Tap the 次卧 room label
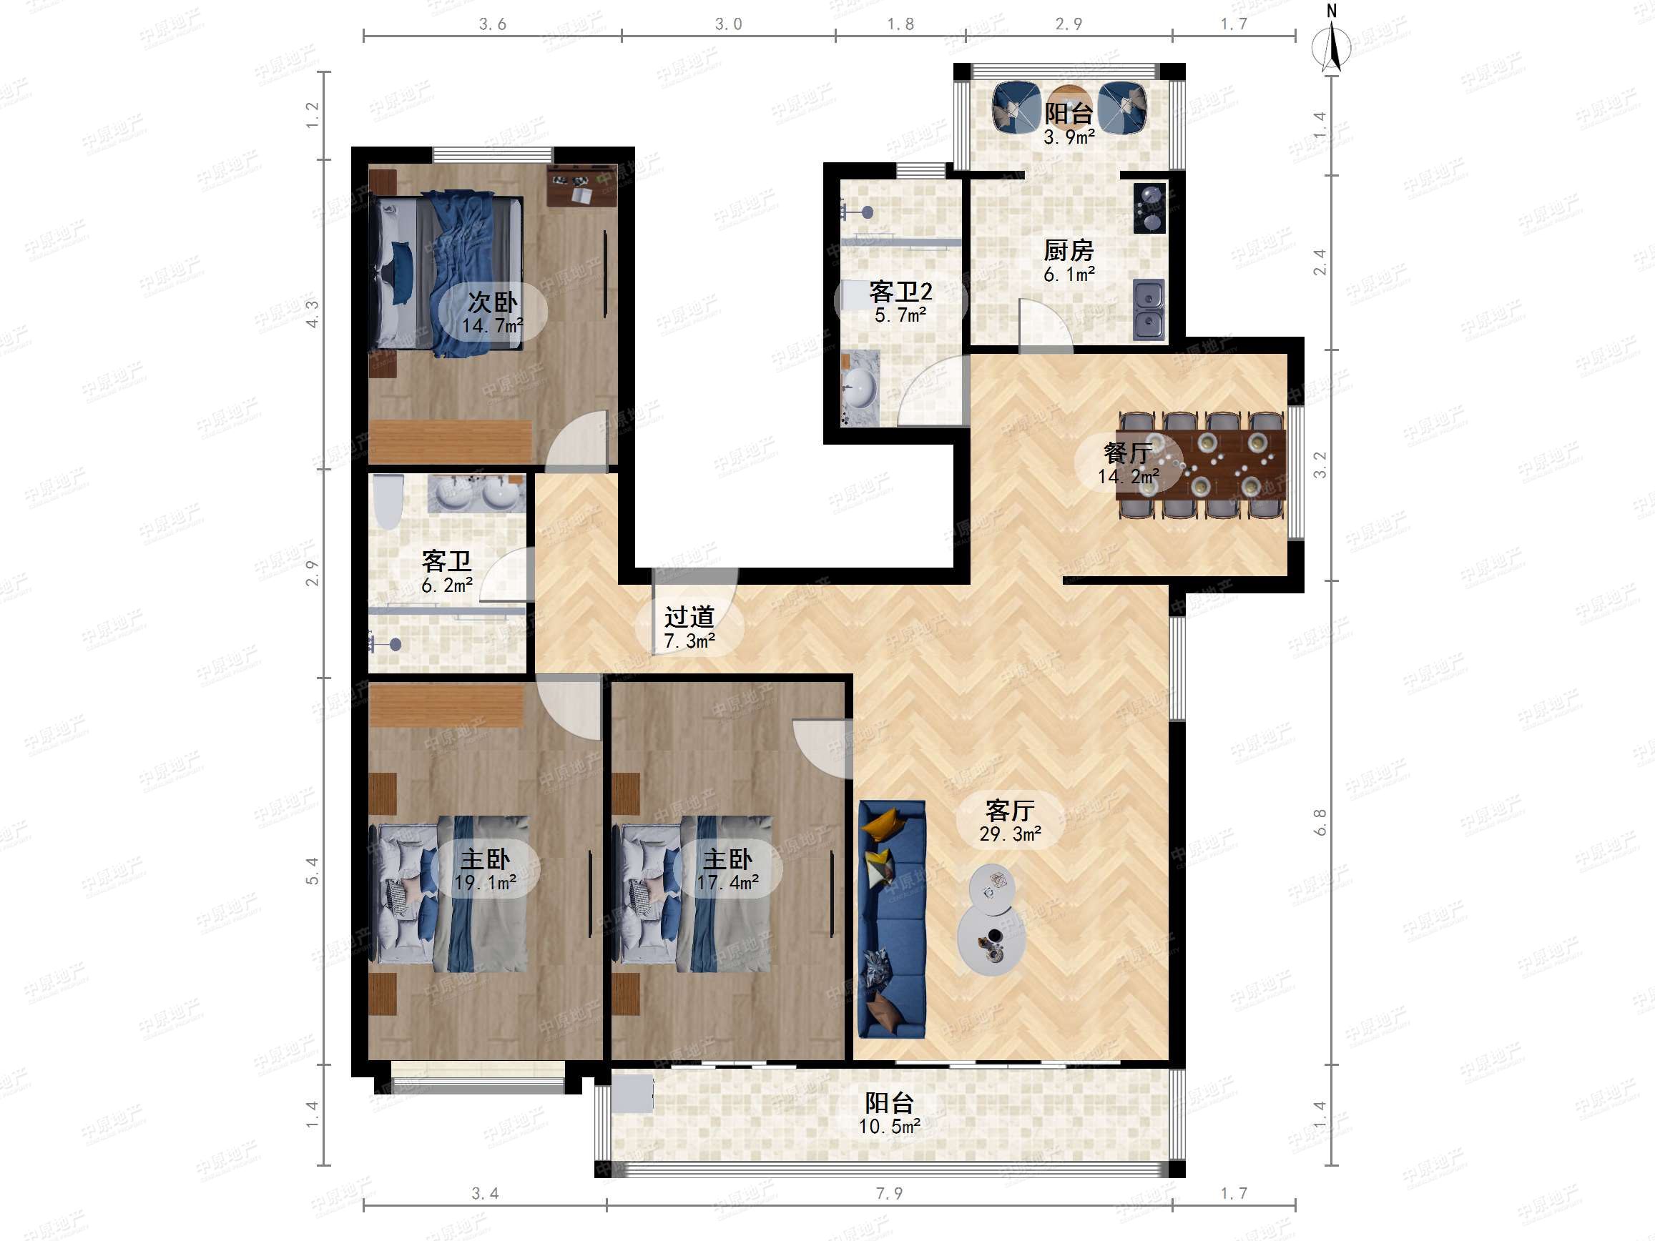tap(492, 302)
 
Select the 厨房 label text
tap(1069, 251)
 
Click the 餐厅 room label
tap(1127, 453)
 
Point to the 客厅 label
tap(1010, 810)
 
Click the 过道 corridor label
tap(689, 617)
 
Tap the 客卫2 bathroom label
tap(901, 292)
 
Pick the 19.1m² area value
tap(486, 883)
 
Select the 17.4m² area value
tap(728, 883)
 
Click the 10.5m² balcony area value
tap(890, 1126)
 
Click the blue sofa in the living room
tap(892, 919)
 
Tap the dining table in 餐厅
tap(1202, 464)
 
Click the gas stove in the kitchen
tap(1149, 208)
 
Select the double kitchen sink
tap(1149, 310)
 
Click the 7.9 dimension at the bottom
tap(890, 1192)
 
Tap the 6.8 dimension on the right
tap(1320, 821)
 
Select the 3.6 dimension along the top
tap(492, 24)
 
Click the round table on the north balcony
tap(1069, 107)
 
